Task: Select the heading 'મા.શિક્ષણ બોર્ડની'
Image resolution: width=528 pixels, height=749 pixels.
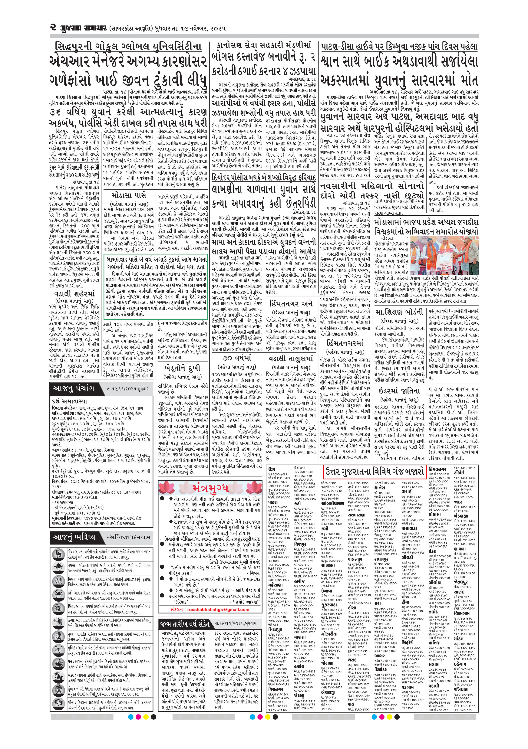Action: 399,312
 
